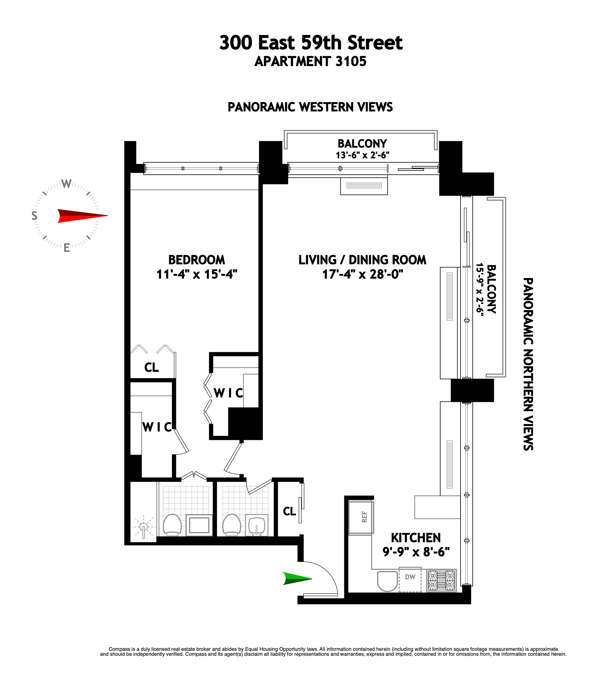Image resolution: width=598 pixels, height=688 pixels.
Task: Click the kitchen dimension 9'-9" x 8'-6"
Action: (416, 552)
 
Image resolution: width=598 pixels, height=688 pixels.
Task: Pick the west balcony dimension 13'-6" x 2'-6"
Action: (362, 155)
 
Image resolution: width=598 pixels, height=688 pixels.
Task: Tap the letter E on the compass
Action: (67, 248)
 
